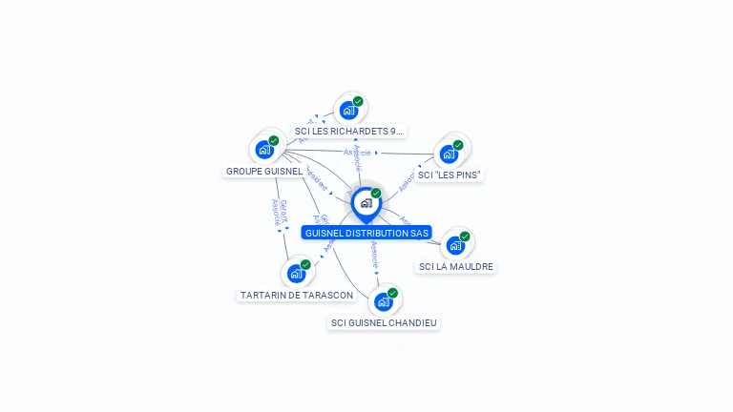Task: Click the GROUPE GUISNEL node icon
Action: coord(262,150)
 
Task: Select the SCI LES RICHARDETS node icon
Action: coord(348,110)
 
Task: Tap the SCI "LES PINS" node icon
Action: coord(448,154)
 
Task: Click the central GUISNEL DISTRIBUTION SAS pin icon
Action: coord(366,203)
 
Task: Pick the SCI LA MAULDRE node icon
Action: coord(455,245)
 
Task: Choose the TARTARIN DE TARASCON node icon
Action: coord(296,274)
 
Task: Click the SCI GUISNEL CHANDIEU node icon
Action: coord(383,302)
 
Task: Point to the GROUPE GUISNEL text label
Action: coord(264,172)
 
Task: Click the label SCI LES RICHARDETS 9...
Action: coord(348,131)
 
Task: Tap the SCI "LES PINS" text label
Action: coord(450,175)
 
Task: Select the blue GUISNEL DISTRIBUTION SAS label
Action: coord(366,233)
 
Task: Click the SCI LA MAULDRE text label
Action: coord(456,267)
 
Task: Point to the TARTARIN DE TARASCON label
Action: coord(297,296)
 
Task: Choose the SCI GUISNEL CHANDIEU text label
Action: coord(384,323)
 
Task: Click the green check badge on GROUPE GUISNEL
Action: coord(274,140)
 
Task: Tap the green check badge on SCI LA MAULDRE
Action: coord(465,237)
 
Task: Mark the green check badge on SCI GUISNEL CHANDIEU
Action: coord(392,293)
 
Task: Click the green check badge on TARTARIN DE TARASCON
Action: coord(305,264)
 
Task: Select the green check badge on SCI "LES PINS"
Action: coord(458,145)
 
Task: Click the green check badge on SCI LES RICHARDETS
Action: coord(358,101)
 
